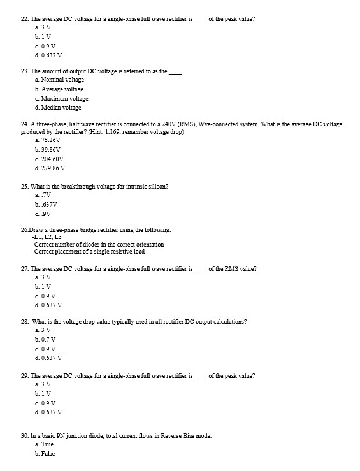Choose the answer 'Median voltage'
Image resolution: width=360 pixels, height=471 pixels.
(61, 108)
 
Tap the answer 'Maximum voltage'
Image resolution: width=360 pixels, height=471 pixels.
(64, 98)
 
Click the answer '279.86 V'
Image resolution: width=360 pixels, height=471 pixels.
(55, 168)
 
